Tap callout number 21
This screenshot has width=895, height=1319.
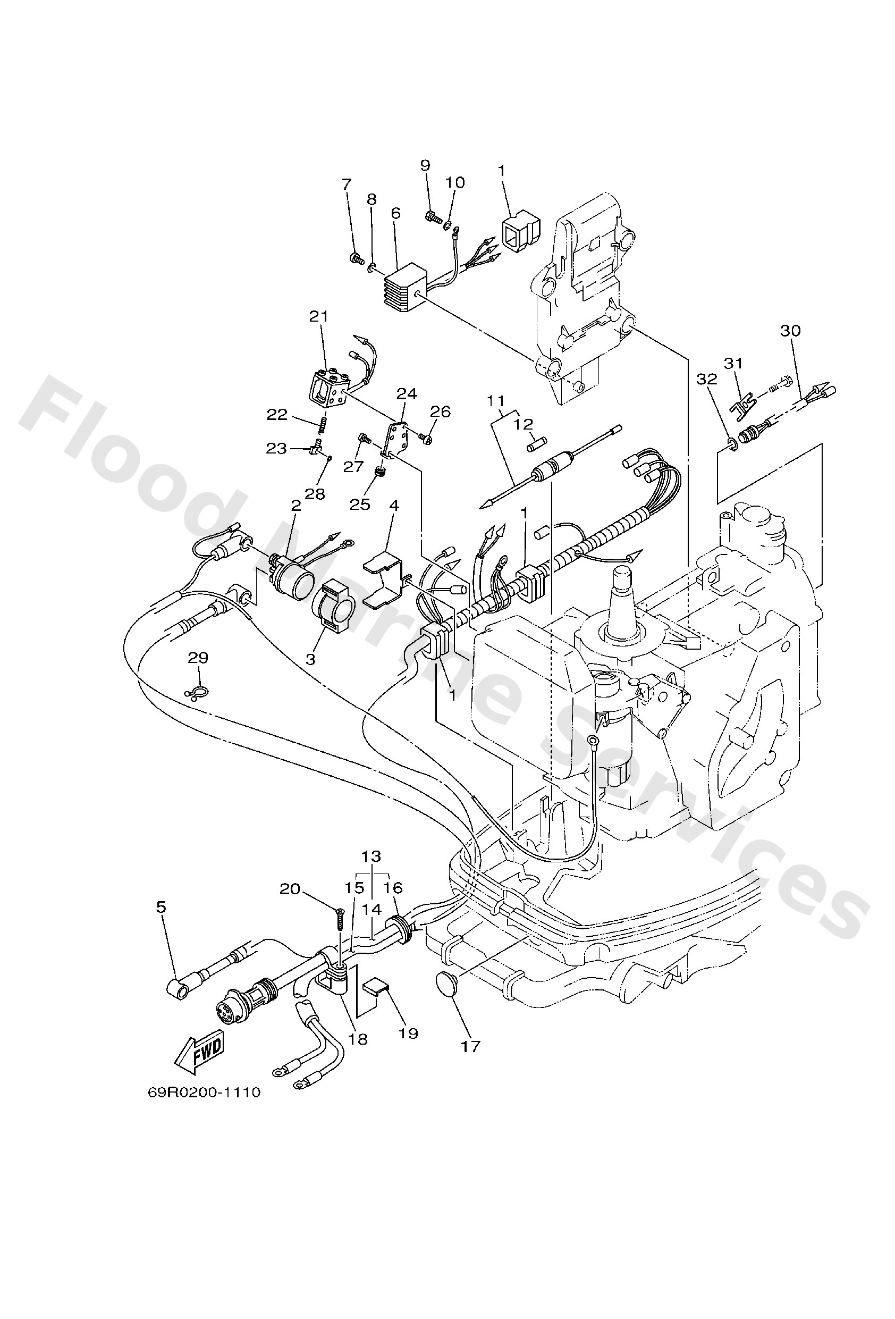click(319, 317)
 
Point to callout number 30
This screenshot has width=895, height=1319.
click(790, 330)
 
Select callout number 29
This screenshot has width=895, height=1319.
click(198, 658)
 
